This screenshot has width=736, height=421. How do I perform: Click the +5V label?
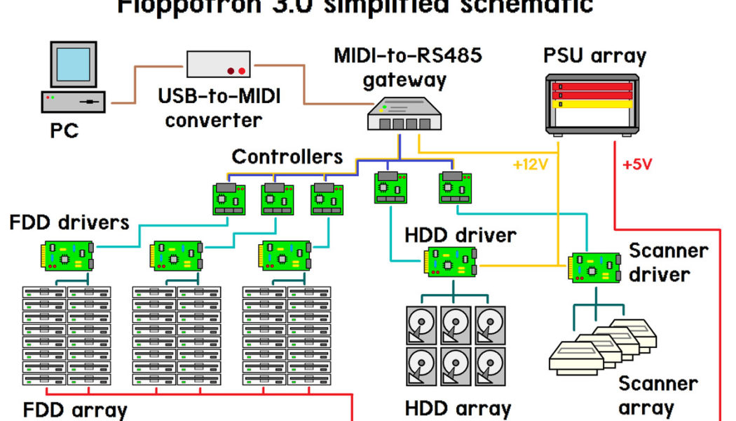click(637, 166)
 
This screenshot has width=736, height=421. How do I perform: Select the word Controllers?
click(287, 156)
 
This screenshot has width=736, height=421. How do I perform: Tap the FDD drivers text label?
click(69, 223)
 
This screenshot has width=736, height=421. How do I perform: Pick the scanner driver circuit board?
click(594, 267)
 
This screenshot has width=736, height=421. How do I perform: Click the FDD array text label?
click(76, 410)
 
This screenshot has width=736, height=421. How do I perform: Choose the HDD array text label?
click(458, 408)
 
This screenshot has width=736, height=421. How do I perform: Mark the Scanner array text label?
click(657, 395)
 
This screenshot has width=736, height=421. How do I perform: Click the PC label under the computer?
click(64, 131)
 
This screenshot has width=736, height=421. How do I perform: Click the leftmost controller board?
click(229, 198)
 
